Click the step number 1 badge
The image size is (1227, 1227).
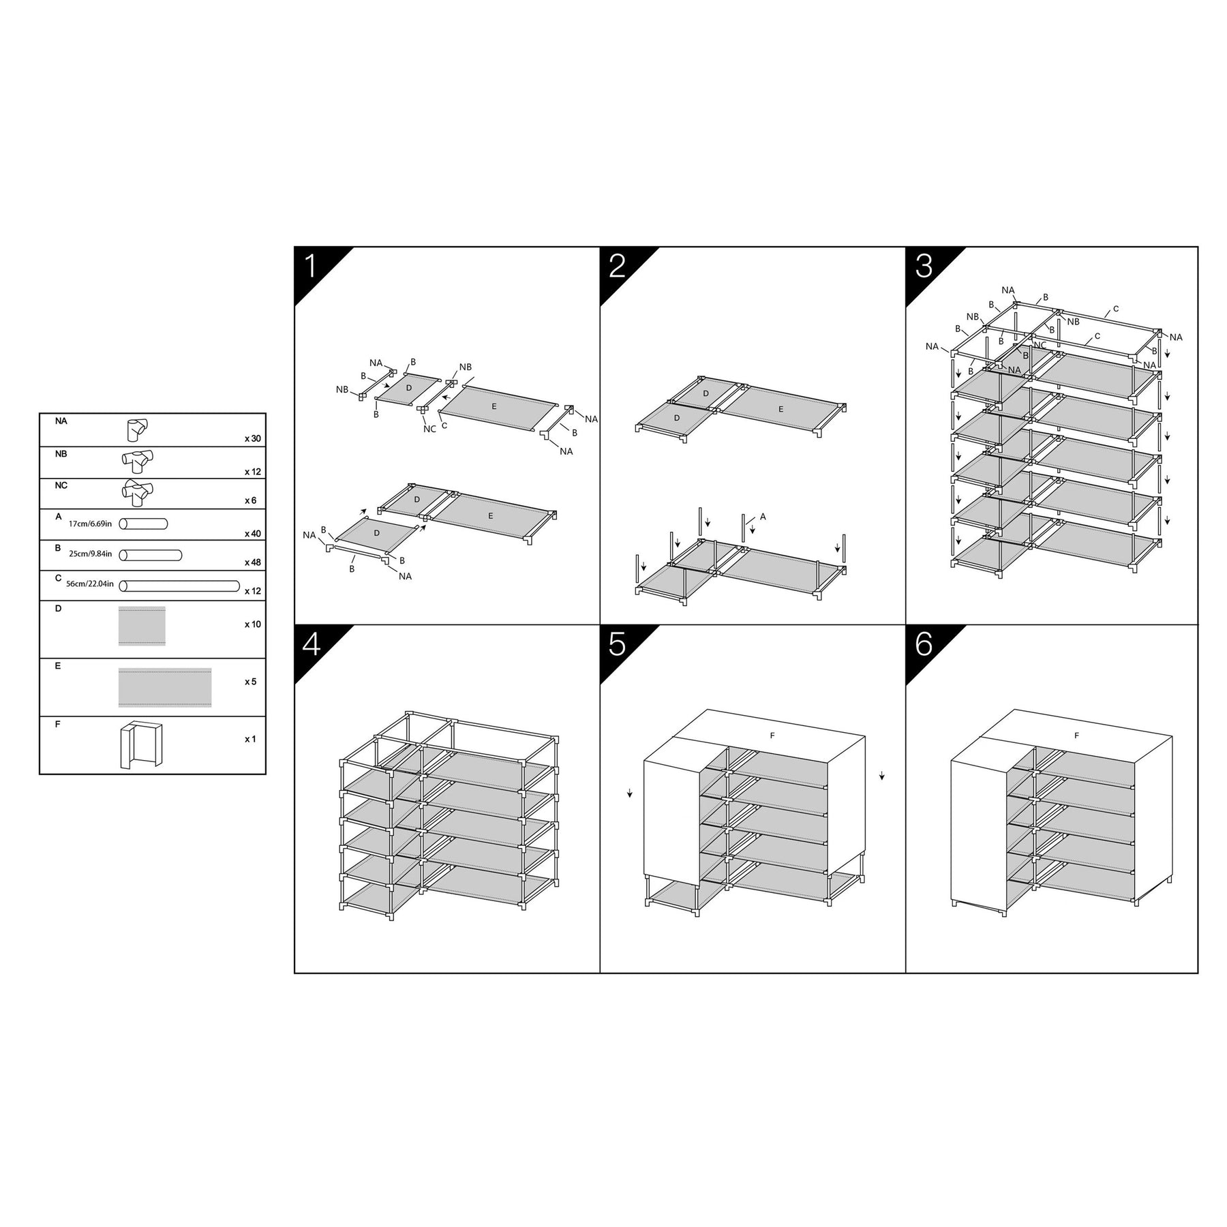[x=312, y=267]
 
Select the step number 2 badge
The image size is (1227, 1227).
[x=617, y=267]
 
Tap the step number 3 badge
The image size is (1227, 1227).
[x=924, y=267]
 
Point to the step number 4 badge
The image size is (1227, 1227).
[x=312, y=643]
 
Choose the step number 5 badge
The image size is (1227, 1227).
[x=617, y=643]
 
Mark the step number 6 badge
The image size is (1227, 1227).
[x=924, y=643]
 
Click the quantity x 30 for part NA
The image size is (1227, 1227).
[x=253, y=438]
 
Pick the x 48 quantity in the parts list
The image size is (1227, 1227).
[x=253, y=563]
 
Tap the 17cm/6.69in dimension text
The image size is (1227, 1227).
[x=90, y=524]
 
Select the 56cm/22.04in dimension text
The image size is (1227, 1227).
[x=90, y=585]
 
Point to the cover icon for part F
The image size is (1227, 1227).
[x=139, y=745]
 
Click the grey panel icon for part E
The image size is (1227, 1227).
[x=165, y=687]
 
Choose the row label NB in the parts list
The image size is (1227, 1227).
[x=61, y=454]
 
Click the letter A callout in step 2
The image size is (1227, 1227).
[x=763, y=517]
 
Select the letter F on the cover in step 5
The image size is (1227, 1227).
[x=772, y=736]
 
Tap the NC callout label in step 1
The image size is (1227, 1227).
[x=429, y=429]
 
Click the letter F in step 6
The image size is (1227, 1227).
[x=1076, y=736]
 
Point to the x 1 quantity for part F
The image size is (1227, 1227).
[x=250, y=739]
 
